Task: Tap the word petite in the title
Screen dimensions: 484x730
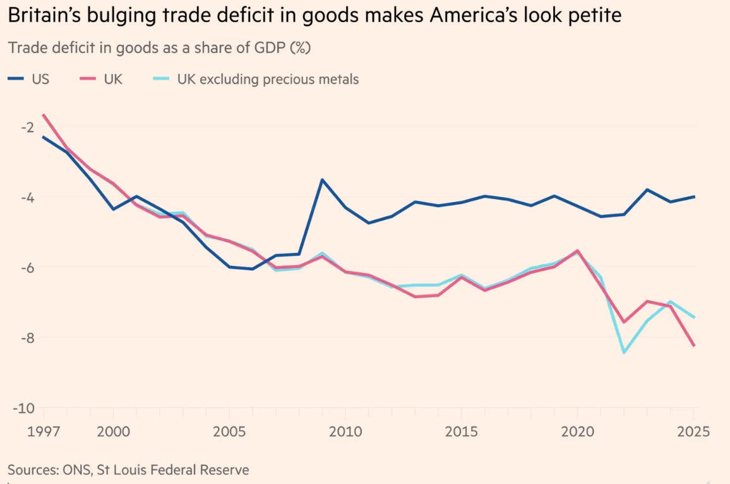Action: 590,16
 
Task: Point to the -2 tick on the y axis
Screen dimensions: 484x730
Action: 27,127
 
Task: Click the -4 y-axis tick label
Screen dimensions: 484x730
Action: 27,197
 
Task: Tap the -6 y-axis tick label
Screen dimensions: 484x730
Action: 27,267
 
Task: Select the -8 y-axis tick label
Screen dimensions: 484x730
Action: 27,337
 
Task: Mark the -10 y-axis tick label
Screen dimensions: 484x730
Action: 25,408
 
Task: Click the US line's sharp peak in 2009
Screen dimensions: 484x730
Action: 322,179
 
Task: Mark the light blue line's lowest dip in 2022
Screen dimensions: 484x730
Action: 625,353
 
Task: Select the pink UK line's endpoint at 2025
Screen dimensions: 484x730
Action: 694,345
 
